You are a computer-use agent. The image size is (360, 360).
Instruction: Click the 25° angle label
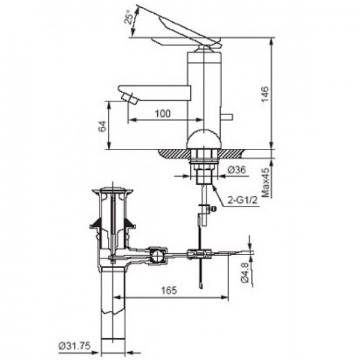(x=128, y=19)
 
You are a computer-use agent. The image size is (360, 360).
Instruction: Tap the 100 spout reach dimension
(x=162, y=113)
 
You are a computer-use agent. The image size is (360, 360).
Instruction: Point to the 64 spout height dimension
(x=102, y=126)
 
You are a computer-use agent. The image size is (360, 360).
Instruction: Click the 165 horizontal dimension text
(x=170, y=290)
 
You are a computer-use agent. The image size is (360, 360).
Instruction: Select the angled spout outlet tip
(x=128, y=97)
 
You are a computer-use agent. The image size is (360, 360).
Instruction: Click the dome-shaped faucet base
(x=204, y=141)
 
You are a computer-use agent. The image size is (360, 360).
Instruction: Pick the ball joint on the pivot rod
(x=157, y=256)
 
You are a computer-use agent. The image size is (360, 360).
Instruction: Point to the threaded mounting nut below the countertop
(x=204, y=159)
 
